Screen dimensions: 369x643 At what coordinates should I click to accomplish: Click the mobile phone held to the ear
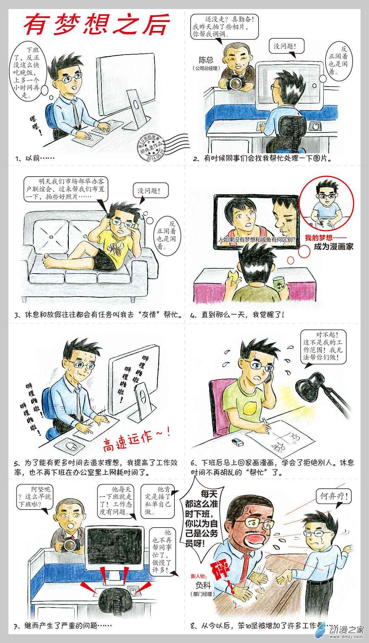[x=268, y=377]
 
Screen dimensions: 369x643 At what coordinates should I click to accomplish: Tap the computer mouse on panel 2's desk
[x=315, y=126]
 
